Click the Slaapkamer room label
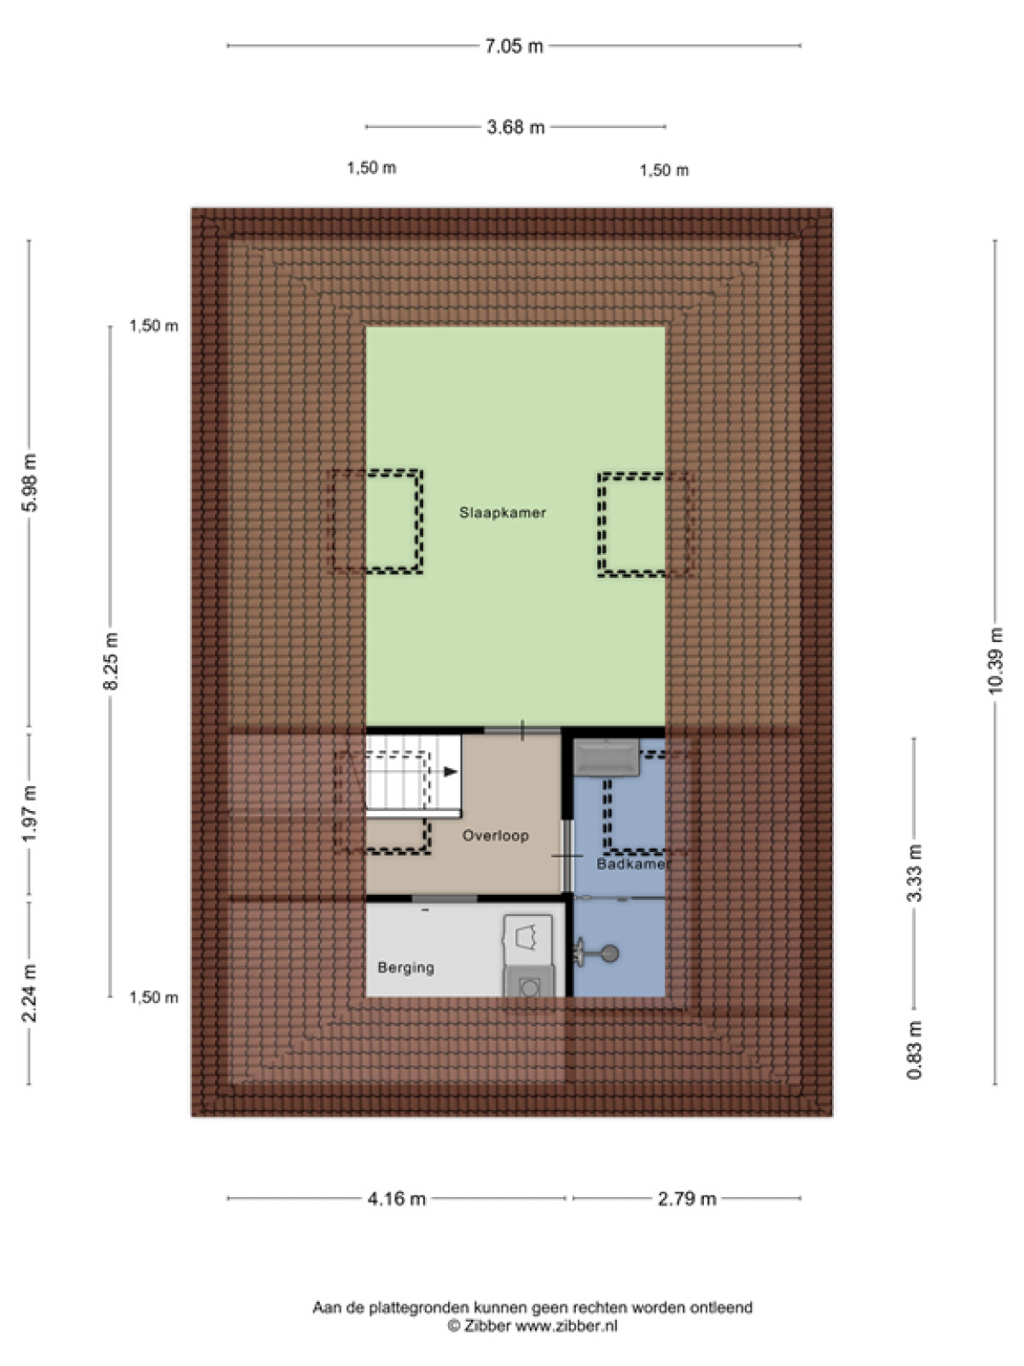point(503,513)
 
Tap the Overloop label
point(496,835)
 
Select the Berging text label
point(406,967)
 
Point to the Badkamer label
point(631,864)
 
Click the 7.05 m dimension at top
point(515,46)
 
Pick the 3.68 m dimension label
point(515,127)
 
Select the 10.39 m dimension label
point(995,660)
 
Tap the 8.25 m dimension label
point(111,661)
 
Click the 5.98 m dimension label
point(29,482)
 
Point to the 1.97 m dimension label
point(29,814)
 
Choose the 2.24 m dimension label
point(29,993)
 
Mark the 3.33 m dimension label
point(914,873)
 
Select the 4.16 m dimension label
point(397,1198)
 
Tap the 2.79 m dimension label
point(687,1198)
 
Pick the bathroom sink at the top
point(606,757)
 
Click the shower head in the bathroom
point(597,953)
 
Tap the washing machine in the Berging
point(528,982)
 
